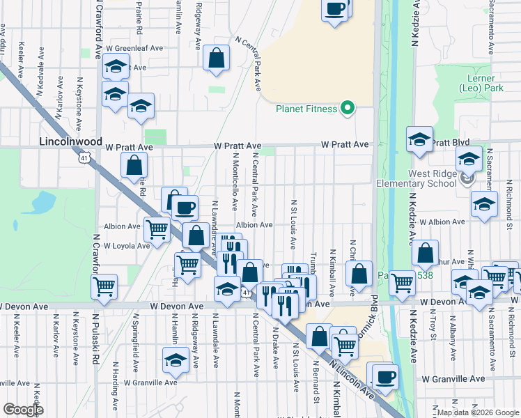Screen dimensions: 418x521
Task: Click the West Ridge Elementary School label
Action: (x=417, y=178)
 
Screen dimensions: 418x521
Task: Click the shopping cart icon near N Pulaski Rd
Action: (x=104, y=285)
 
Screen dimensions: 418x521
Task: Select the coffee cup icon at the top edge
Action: (x=335, y=9)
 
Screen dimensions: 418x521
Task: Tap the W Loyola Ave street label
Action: (x=127, y=246)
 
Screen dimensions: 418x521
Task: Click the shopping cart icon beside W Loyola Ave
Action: (x=157, y=229)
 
